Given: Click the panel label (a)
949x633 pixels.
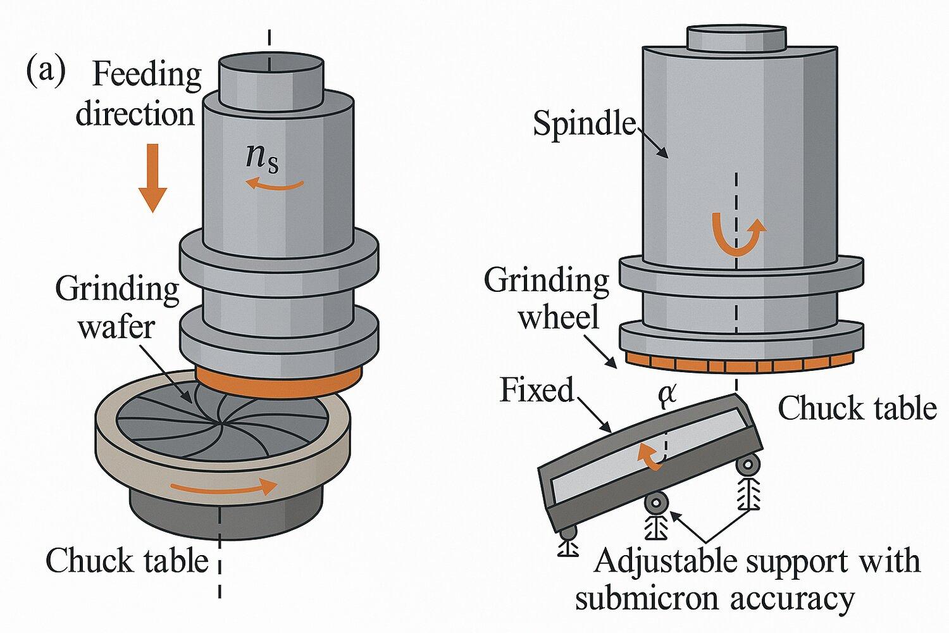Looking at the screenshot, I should point(45,72).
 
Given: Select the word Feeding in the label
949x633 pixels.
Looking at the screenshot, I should point(147,75).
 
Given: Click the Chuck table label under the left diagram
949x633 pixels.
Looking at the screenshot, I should point(127,560).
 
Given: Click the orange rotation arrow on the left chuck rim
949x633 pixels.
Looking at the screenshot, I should point(225,487).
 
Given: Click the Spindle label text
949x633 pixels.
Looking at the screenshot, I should point(583,123).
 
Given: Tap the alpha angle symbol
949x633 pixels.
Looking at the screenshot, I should point(667,394).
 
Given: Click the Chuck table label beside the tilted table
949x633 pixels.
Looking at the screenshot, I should point(857,408).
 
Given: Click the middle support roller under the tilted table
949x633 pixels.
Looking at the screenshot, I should point(657,503).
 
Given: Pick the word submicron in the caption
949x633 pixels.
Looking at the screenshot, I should point(661,598).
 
